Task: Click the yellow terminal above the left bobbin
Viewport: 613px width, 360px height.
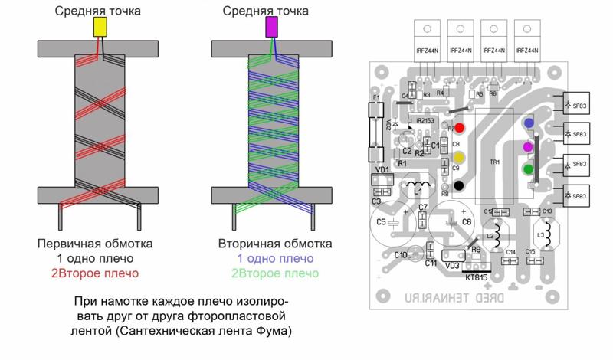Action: click(100, 28)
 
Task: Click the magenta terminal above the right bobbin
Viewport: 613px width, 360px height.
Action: click(271, 28)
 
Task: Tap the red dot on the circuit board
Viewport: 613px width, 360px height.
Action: click(460, 128)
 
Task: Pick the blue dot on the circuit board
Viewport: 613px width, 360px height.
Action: click(528, 123)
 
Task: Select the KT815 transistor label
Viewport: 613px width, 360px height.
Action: click(477, 277)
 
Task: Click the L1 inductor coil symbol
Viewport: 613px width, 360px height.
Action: click(418, 188)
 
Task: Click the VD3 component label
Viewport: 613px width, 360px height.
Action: click(452, 267)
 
